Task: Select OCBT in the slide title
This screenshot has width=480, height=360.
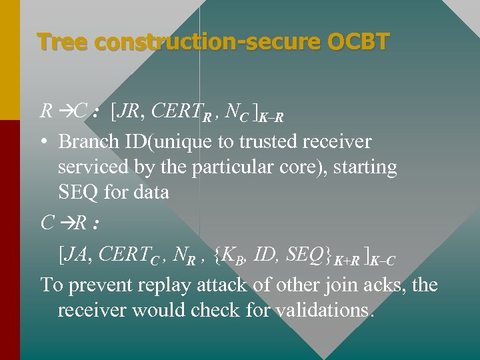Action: click(x=358, y=42)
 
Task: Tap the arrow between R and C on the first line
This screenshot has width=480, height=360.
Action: click(x=65, y=111)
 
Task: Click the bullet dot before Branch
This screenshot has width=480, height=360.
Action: click(x=45, y=142)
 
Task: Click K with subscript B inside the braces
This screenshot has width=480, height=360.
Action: click(x=229, y=255)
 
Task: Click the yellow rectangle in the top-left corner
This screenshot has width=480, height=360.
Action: click(x=9, y=59)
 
